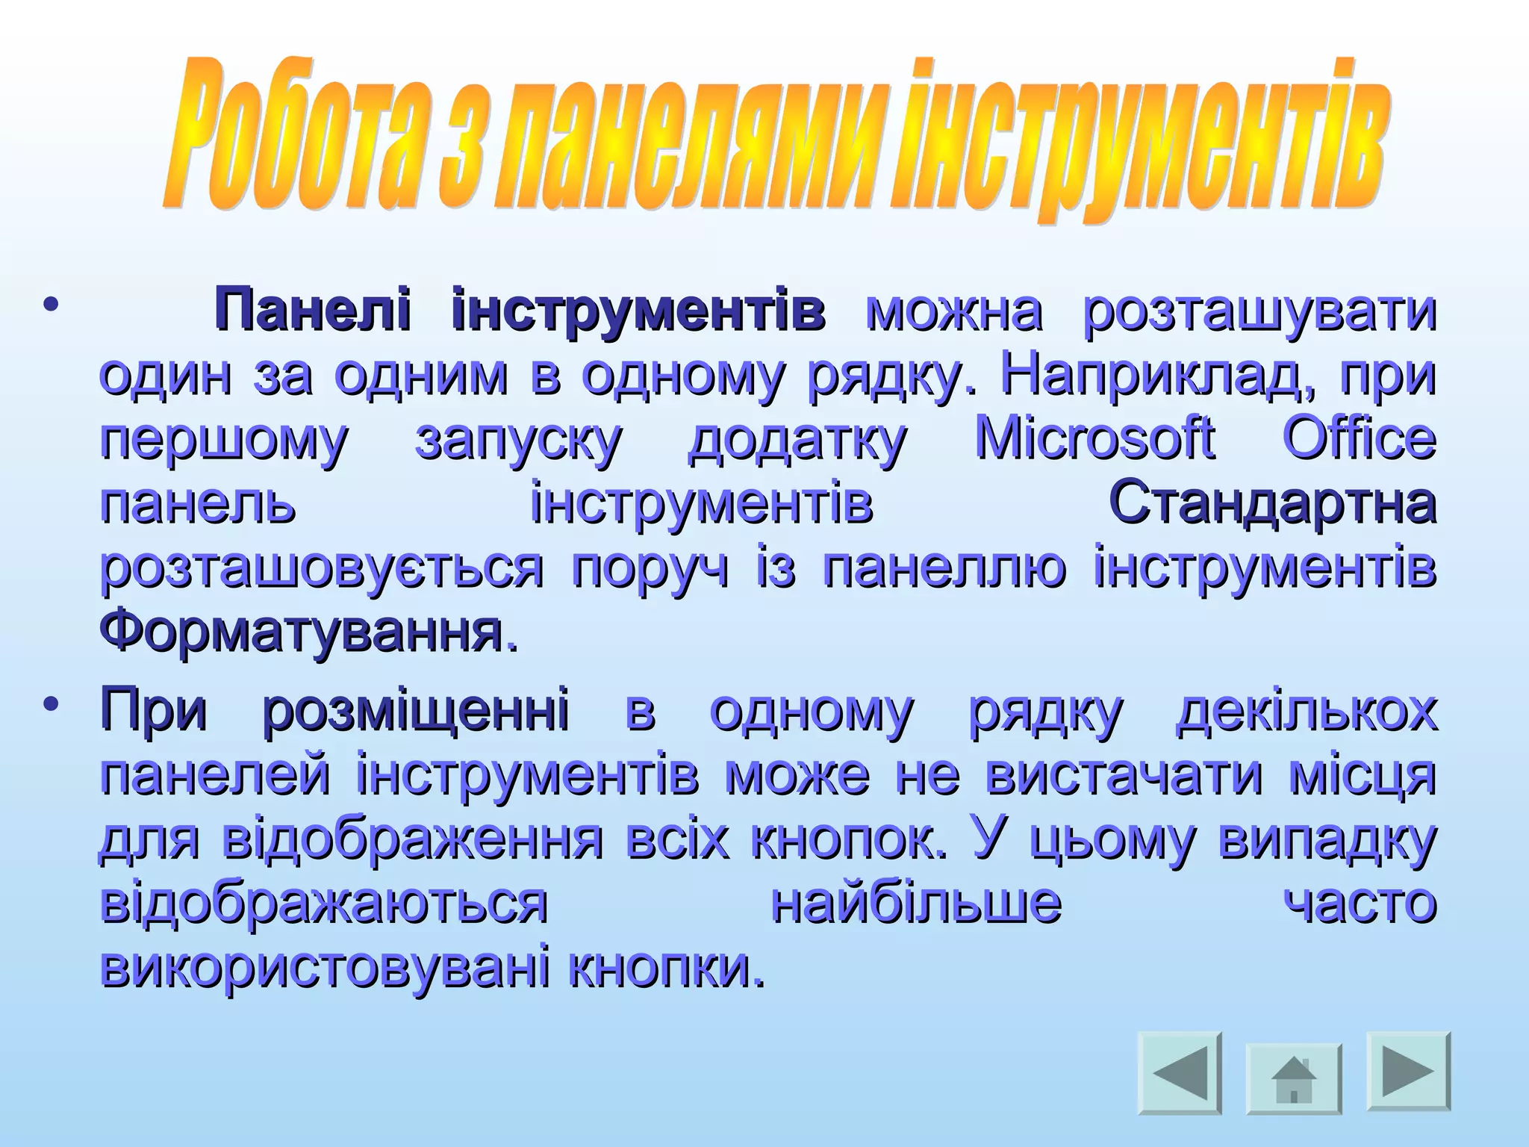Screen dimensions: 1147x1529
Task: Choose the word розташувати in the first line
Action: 1259,312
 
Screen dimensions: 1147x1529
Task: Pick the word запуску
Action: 517,441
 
